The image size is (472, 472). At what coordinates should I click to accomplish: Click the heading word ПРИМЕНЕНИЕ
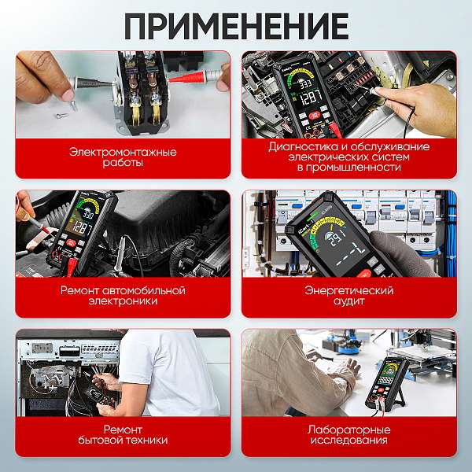coord(236,25)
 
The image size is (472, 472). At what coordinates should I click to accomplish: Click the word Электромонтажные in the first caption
coord(123,151)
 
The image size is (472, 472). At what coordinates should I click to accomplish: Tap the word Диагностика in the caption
coord(298,146)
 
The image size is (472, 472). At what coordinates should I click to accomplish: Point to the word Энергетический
coord(348,289)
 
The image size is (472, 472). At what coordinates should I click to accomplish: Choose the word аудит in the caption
coord(348,301)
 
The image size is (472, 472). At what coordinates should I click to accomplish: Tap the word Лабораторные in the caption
coord(348,430)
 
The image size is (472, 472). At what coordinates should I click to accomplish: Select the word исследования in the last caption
coord(348,441)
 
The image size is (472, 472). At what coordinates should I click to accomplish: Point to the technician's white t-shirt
coord(173,370)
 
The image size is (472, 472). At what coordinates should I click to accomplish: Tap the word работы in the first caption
coord(123,162)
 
